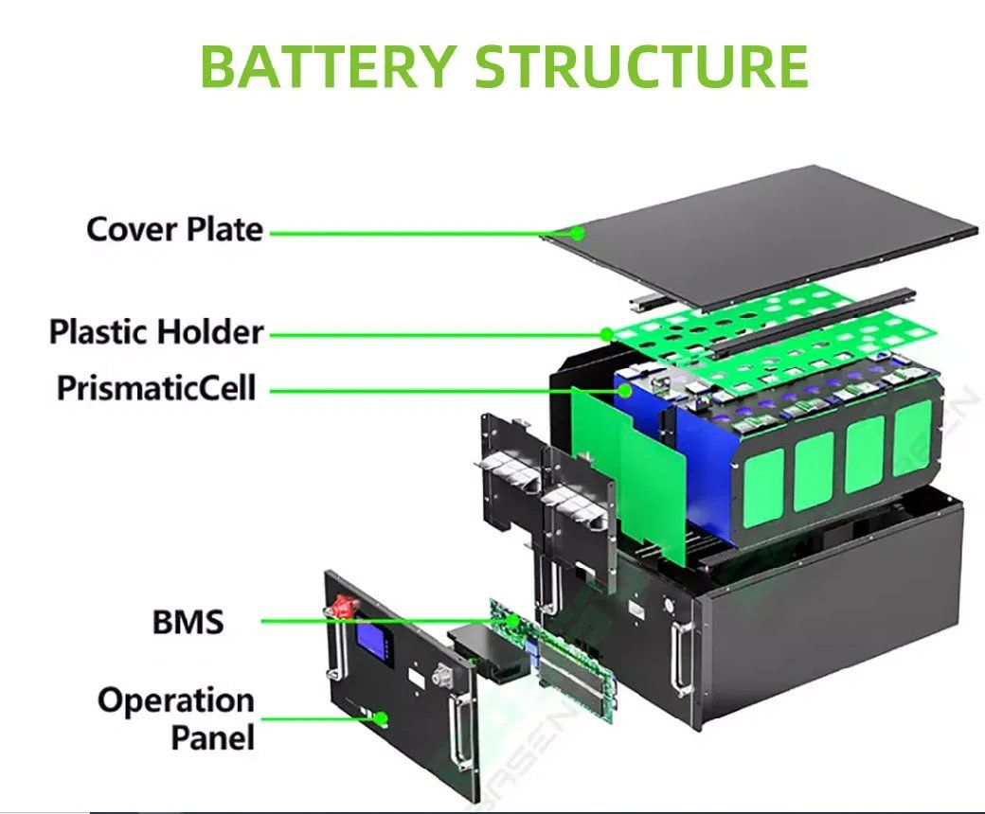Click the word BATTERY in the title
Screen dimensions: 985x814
[x=328, y=66]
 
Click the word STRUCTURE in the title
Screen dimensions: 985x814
[x=641, y=66]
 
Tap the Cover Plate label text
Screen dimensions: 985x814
[x=174, y=229]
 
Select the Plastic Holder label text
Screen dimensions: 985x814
[x=155, y=331]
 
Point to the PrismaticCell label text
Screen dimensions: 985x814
[x=156, y=388]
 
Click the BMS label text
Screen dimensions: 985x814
[x=188, y=622]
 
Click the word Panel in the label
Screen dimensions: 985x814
[x=213, y=737]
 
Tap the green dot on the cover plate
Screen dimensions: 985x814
[x=578, y=234]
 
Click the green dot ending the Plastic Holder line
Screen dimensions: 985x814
[x=607, y=334]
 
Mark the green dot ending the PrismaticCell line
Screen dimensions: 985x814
[x=624, y=391]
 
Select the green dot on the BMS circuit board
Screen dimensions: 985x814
[x=512, y=621]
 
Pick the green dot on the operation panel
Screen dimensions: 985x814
[x=381, y=718]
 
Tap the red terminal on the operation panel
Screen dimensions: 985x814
[x=345, y=607]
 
